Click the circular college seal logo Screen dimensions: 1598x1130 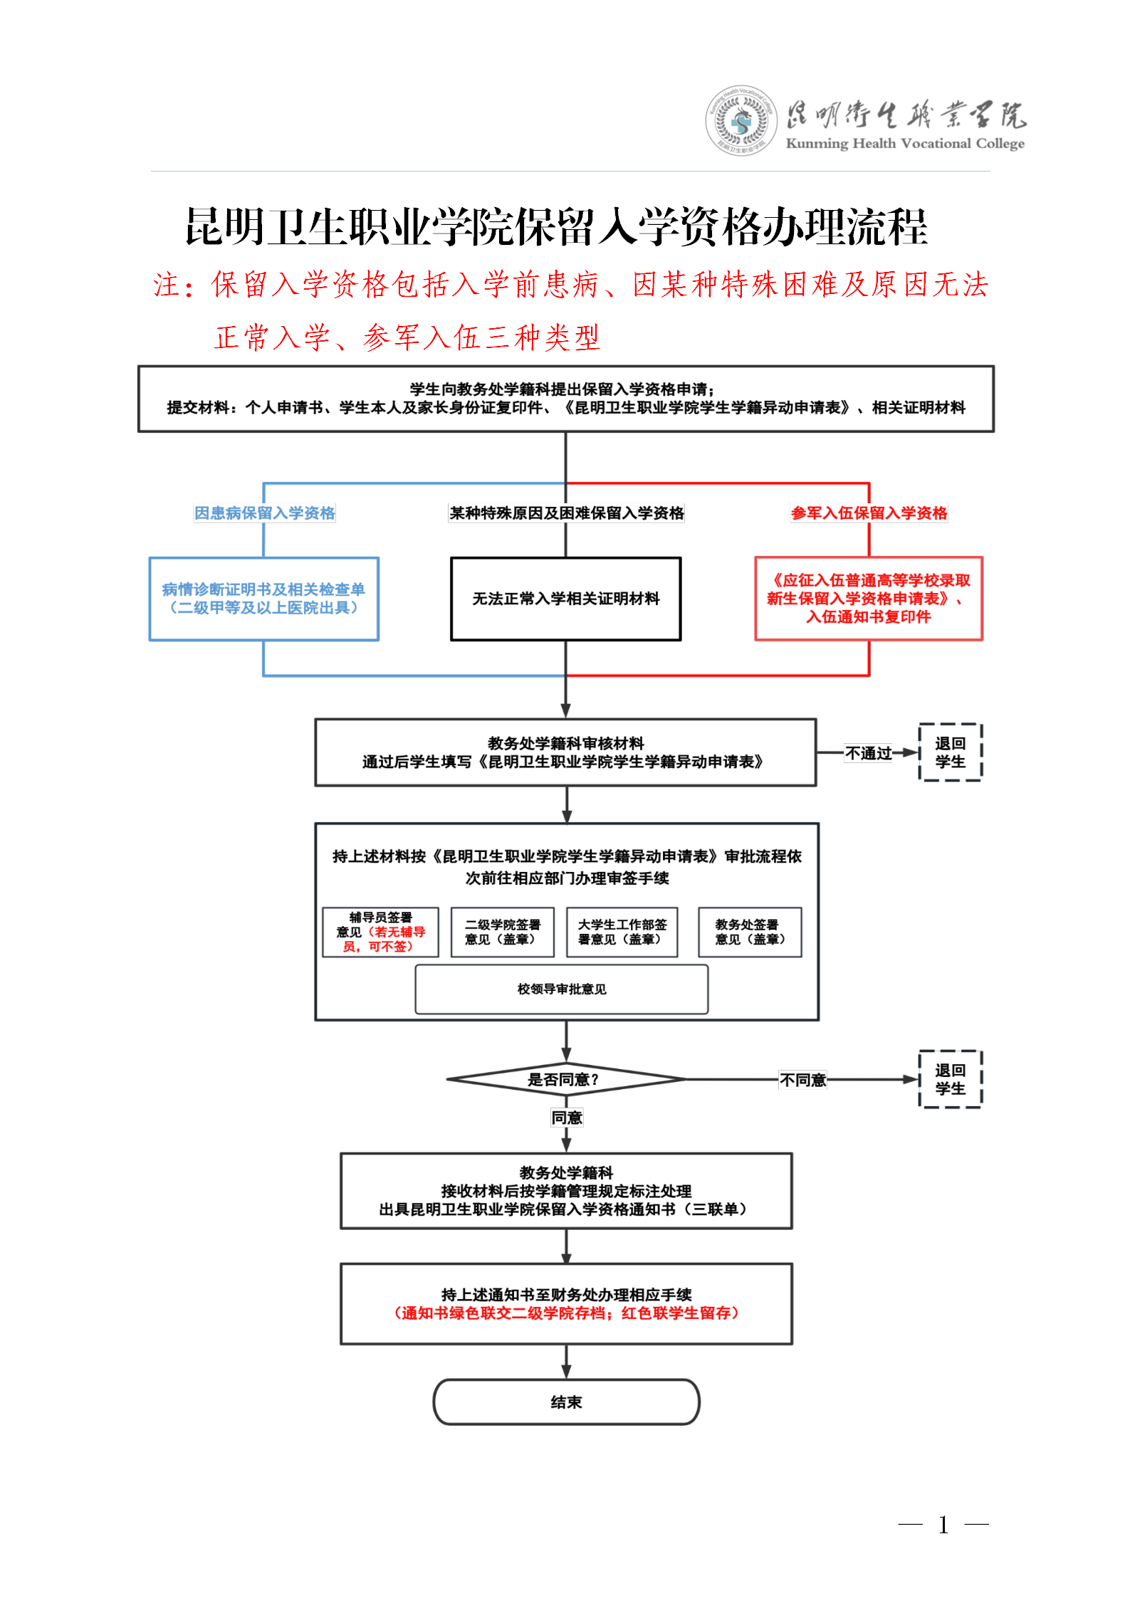[x=741, y=121]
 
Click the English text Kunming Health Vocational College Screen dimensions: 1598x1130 [x=904, y=144]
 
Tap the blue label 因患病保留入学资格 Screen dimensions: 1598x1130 [x=264, y=513]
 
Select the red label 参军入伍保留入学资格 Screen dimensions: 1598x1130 [x=869, y=513]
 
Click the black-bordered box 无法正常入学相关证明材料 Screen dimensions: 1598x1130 [x=565, y=599]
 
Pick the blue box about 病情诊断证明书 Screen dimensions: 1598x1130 [x=263, y=599]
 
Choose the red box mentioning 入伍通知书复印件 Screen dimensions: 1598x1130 [x=869, y=599]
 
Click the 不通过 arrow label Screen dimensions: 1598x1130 [x=868, y=753]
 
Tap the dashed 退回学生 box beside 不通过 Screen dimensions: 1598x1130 [x=950, y=752]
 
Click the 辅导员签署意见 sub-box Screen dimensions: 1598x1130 [x=380, y=932]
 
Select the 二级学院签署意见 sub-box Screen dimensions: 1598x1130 [x=502, y=932]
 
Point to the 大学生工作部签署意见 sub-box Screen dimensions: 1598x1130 [x=622, y=932]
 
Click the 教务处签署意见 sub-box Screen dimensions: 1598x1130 [x=749, y=932]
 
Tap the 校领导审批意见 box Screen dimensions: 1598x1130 [x=561, y=989]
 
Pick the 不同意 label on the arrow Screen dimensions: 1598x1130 [x=802, y=1080]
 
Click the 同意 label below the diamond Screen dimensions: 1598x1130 [x=567, y=1118]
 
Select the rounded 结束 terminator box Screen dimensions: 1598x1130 [x=566, y=1402]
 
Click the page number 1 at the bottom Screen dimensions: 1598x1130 [x=943, y=1525]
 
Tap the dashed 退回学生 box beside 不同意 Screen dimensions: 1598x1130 [x=950, y=1079]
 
